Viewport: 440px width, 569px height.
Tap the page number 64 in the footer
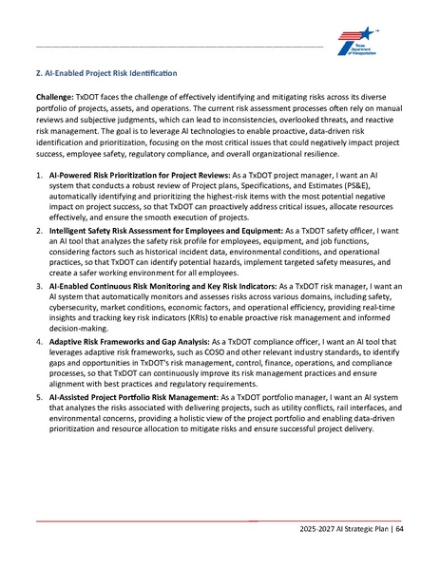tap(400, 528)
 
